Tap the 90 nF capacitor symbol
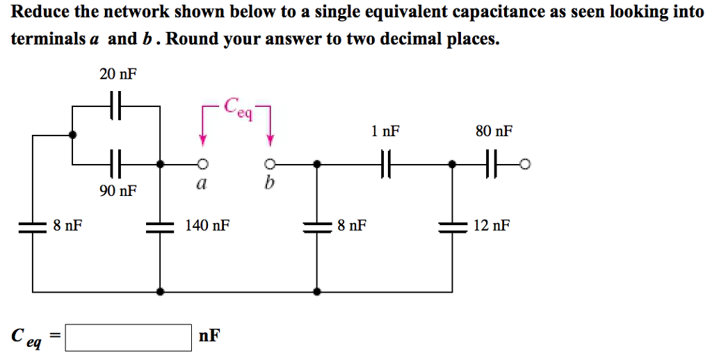[x=117, y=165]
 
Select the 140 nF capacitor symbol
[x=161, y=226]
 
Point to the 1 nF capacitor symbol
[x=387, y=165]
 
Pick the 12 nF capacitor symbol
[x=453, y=226]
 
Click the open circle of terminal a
[x=202, y=165]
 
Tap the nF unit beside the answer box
[x=209, y=336]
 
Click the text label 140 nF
[x=207, y=225]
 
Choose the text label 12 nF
[x=492, y=225]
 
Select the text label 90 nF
[x=118, y=190]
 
